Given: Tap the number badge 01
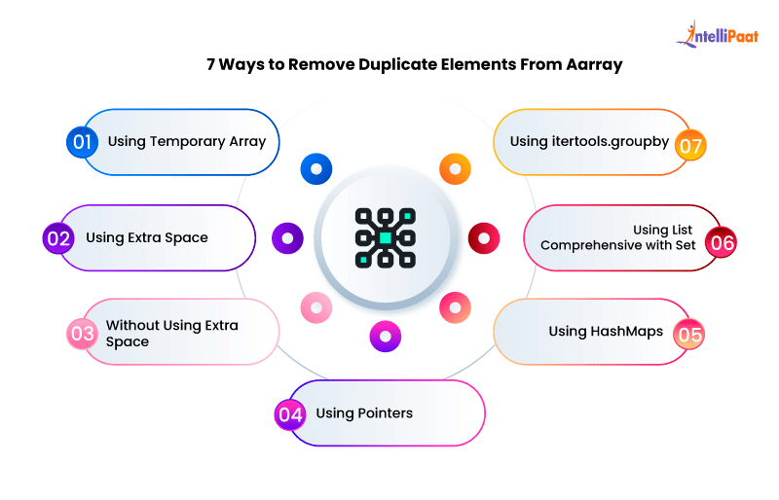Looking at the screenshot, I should (x=82, y=142).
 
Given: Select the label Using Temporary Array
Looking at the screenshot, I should (x=187, y=142).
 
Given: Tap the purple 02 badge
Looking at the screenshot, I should (x=59, y=237).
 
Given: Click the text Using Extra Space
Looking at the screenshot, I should (x=147, y=237).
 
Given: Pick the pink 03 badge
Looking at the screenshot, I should (x=82, y=334).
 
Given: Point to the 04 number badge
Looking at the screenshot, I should (x=290, y=413).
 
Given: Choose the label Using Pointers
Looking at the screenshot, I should (x=364, y=413).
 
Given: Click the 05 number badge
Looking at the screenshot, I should (x=689, y=334).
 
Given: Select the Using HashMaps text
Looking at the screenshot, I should (x=606, y=332).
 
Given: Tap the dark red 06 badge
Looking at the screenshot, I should (x=722, y=243).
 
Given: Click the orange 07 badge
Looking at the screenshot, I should (x=690, y=146).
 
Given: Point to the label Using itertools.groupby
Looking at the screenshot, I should (x=589, y=142).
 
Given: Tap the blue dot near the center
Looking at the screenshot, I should (x=316, y=169).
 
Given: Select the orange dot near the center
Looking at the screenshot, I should (x=455, y=169).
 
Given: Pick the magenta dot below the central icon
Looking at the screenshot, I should (x=386, y=337).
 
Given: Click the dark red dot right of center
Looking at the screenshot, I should (x=484, y=237).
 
